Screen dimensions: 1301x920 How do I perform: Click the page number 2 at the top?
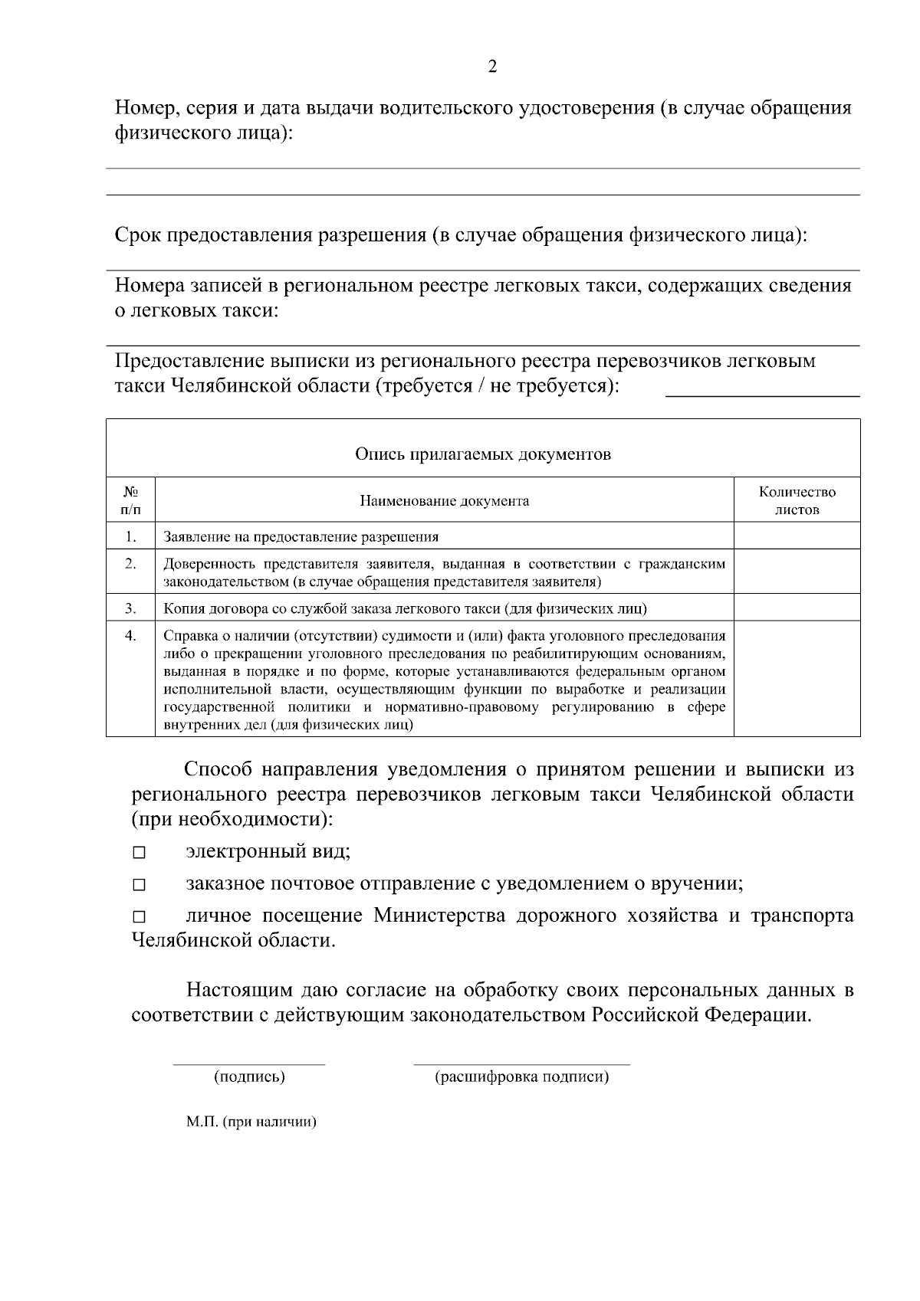point(492,67)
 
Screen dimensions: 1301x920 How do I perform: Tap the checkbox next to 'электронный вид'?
point(139,853)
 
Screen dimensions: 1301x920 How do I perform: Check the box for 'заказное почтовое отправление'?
point(139,885)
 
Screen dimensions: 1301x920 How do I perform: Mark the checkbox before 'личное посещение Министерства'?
point(139,917)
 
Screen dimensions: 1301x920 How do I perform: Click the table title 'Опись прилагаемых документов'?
point(482,454)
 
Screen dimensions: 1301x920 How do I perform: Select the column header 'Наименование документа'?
point(445,501)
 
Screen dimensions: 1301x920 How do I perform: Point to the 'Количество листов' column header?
point(797,500)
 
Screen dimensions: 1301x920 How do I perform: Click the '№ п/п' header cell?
point(130,500)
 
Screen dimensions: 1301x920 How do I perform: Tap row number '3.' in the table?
point(130,608)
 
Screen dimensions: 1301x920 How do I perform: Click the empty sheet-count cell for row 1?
point(797,536)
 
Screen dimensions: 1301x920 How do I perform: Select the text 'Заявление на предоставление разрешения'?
point(301,537)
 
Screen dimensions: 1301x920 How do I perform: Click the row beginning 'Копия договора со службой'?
point(406,609)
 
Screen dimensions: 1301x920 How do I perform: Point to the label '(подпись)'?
point(249,1077)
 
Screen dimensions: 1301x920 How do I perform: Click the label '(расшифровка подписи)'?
point(522,1077)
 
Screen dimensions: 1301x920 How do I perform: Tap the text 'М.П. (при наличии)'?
point(251,1122)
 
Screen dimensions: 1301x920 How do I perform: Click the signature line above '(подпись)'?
point(249,1063)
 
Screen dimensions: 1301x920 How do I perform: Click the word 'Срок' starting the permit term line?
point(138,234)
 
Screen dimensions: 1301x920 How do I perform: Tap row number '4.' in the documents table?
point(130,635)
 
